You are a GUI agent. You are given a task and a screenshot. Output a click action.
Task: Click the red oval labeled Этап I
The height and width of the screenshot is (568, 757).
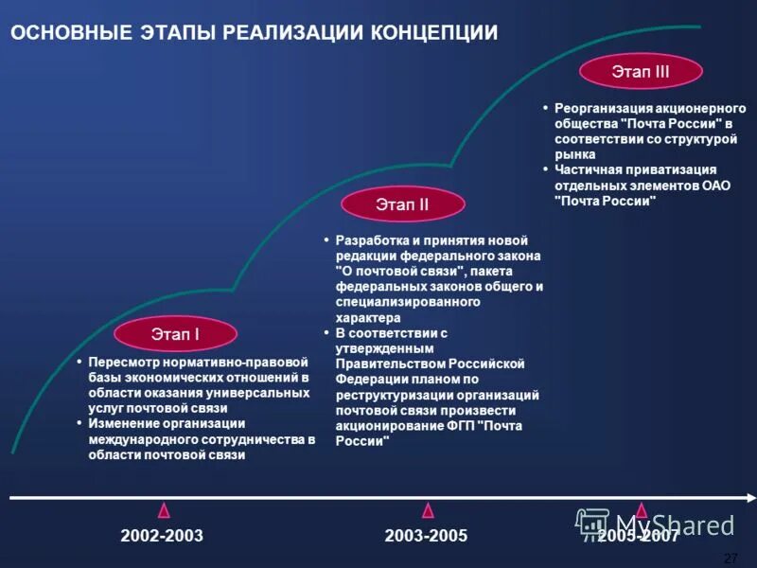pyautogui.click(x=175, y=333)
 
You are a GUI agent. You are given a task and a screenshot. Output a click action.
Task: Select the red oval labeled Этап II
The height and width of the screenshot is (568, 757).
pyautogui.click(x=402, y=204)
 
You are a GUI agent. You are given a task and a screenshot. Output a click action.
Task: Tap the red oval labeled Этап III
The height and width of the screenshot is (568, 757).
pyautogui.click(x=641, y=71)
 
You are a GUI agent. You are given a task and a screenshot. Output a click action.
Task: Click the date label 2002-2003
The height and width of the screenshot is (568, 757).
pyautogui.click(x=162, y=536)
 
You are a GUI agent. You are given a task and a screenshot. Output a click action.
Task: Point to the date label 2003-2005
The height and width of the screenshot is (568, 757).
pyautogui.click(x=426, y=536)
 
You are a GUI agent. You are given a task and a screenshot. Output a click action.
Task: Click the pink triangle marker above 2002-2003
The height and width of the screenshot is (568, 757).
pyautogui.click(x=164, y=510)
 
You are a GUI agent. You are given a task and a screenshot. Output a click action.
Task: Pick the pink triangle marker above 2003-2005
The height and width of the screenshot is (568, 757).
pyautogui.click(x=428, y=510)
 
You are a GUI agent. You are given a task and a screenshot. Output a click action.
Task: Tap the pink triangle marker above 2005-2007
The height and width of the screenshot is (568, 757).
pyautogui.click(x=642, y=510)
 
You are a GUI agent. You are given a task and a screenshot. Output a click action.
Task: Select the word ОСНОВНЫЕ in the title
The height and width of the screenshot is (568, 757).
pyautogui.click(x=68, y=33)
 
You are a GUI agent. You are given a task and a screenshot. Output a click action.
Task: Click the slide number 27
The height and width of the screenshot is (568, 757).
pyautogui.click(x=730, y=557)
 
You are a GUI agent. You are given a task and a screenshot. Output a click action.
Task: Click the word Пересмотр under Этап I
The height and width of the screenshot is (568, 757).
pyautogui.click(x=122, y=362)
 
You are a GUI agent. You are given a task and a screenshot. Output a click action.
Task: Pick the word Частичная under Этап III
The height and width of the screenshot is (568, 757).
pyautogui.click(x=587, y=169)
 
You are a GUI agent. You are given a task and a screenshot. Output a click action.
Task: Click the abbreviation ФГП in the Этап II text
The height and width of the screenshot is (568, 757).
pyautogui.click(x=463, y=426)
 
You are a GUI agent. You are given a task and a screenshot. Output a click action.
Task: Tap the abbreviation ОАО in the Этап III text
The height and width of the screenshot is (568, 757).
pyautogui.click(x=716, y=186)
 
